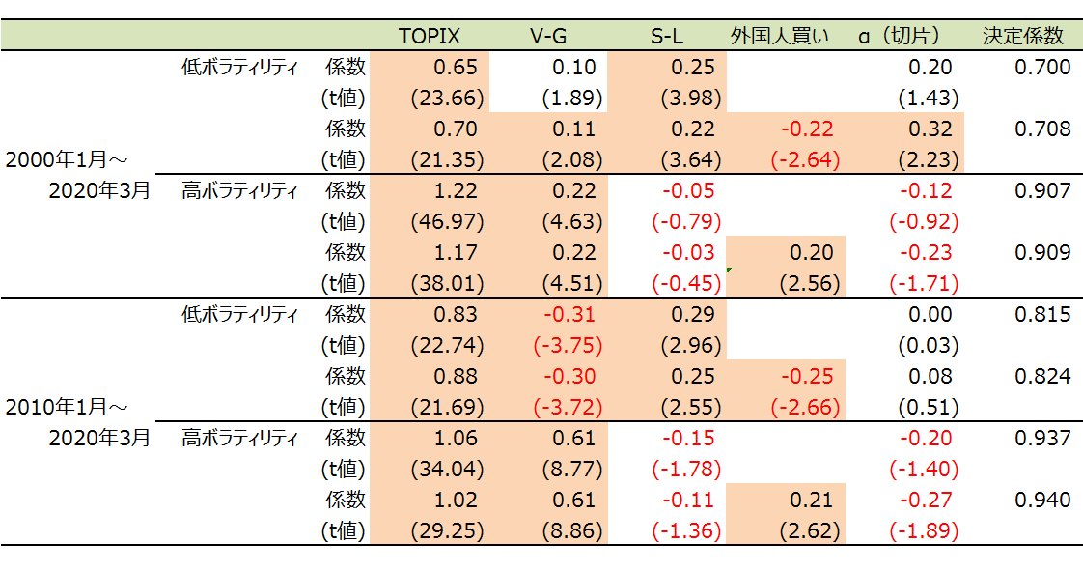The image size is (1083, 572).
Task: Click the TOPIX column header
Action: coord(430,36)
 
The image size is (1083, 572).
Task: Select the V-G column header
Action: coord(548,36)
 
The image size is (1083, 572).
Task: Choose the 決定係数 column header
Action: coord(1023,36)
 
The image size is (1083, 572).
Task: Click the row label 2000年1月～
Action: coord(67,159)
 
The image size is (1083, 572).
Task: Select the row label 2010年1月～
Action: coord(67,407)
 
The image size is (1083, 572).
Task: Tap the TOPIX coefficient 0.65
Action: coord(456,67)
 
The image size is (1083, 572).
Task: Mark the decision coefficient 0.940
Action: coord(1042,500)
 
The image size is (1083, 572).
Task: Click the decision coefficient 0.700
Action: coord(1042,67)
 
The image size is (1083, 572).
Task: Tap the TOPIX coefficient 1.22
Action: coord(456,190)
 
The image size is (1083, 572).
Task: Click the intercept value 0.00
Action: coord(930,314)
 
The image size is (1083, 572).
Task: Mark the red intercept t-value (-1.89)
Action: coord(924,530)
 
